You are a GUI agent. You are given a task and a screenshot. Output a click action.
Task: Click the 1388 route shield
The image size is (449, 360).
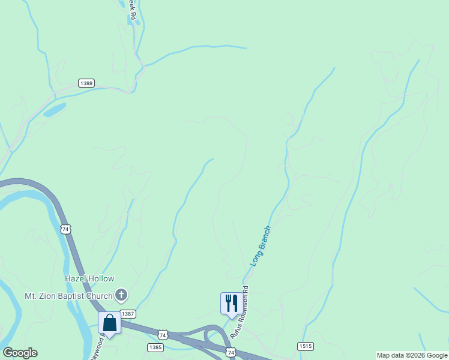[86, 83]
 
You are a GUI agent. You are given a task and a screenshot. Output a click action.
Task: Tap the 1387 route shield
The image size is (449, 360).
[128, 314]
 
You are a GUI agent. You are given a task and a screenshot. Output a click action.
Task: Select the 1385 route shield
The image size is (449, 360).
[155, 347]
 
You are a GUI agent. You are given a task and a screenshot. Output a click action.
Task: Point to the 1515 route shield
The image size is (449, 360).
[305, 347]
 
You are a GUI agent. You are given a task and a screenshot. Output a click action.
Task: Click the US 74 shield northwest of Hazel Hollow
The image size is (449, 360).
[65, 230]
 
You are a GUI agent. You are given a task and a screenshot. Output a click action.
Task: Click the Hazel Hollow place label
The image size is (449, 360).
[89, 279]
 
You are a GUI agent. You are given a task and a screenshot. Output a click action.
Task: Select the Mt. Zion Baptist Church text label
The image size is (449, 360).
[68, 296]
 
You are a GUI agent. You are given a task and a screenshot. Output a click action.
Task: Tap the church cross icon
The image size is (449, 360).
[121, 295]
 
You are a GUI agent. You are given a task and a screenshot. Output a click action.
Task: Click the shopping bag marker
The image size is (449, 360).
[110, 323]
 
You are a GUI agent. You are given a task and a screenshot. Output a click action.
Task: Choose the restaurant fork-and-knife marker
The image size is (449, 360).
[231, 303]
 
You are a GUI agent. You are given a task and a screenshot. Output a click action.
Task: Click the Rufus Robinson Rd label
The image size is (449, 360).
[242, 321]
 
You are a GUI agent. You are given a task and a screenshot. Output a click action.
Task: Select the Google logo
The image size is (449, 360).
[20, 353]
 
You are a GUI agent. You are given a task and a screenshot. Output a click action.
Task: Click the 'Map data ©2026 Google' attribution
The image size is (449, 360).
[412, 355]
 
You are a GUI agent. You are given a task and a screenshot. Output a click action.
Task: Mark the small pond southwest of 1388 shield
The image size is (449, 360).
[55, 110]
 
